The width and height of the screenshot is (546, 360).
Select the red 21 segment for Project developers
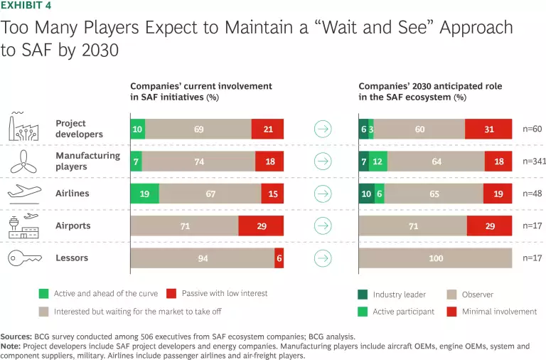pos(267,129)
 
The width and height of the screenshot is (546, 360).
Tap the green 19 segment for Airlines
pos(144,194)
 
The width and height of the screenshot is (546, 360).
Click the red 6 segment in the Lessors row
pos(279,258)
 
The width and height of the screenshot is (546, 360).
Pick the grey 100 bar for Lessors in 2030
pos(435,258)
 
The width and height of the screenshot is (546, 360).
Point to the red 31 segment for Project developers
pos(488,129)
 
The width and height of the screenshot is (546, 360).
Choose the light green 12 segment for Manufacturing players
pos(378,162)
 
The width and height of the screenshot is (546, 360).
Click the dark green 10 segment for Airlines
pos(367,194)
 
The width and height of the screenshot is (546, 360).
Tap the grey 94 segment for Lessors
pos(203,258)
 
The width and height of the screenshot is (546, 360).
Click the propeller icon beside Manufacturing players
pos(24,161)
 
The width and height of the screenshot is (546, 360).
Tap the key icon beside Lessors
pos(24,258)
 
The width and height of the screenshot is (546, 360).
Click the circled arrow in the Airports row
pos(322,226)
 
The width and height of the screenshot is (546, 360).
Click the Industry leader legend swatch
pos(363,294)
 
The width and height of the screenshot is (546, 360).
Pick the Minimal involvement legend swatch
pos(451,311)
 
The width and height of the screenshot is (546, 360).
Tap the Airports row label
pos(73,226)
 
